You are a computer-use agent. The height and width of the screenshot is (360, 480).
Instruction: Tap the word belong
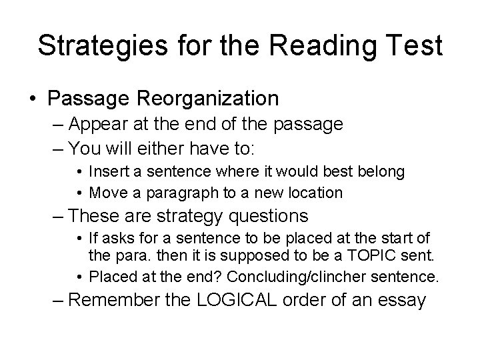[382, 171]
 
